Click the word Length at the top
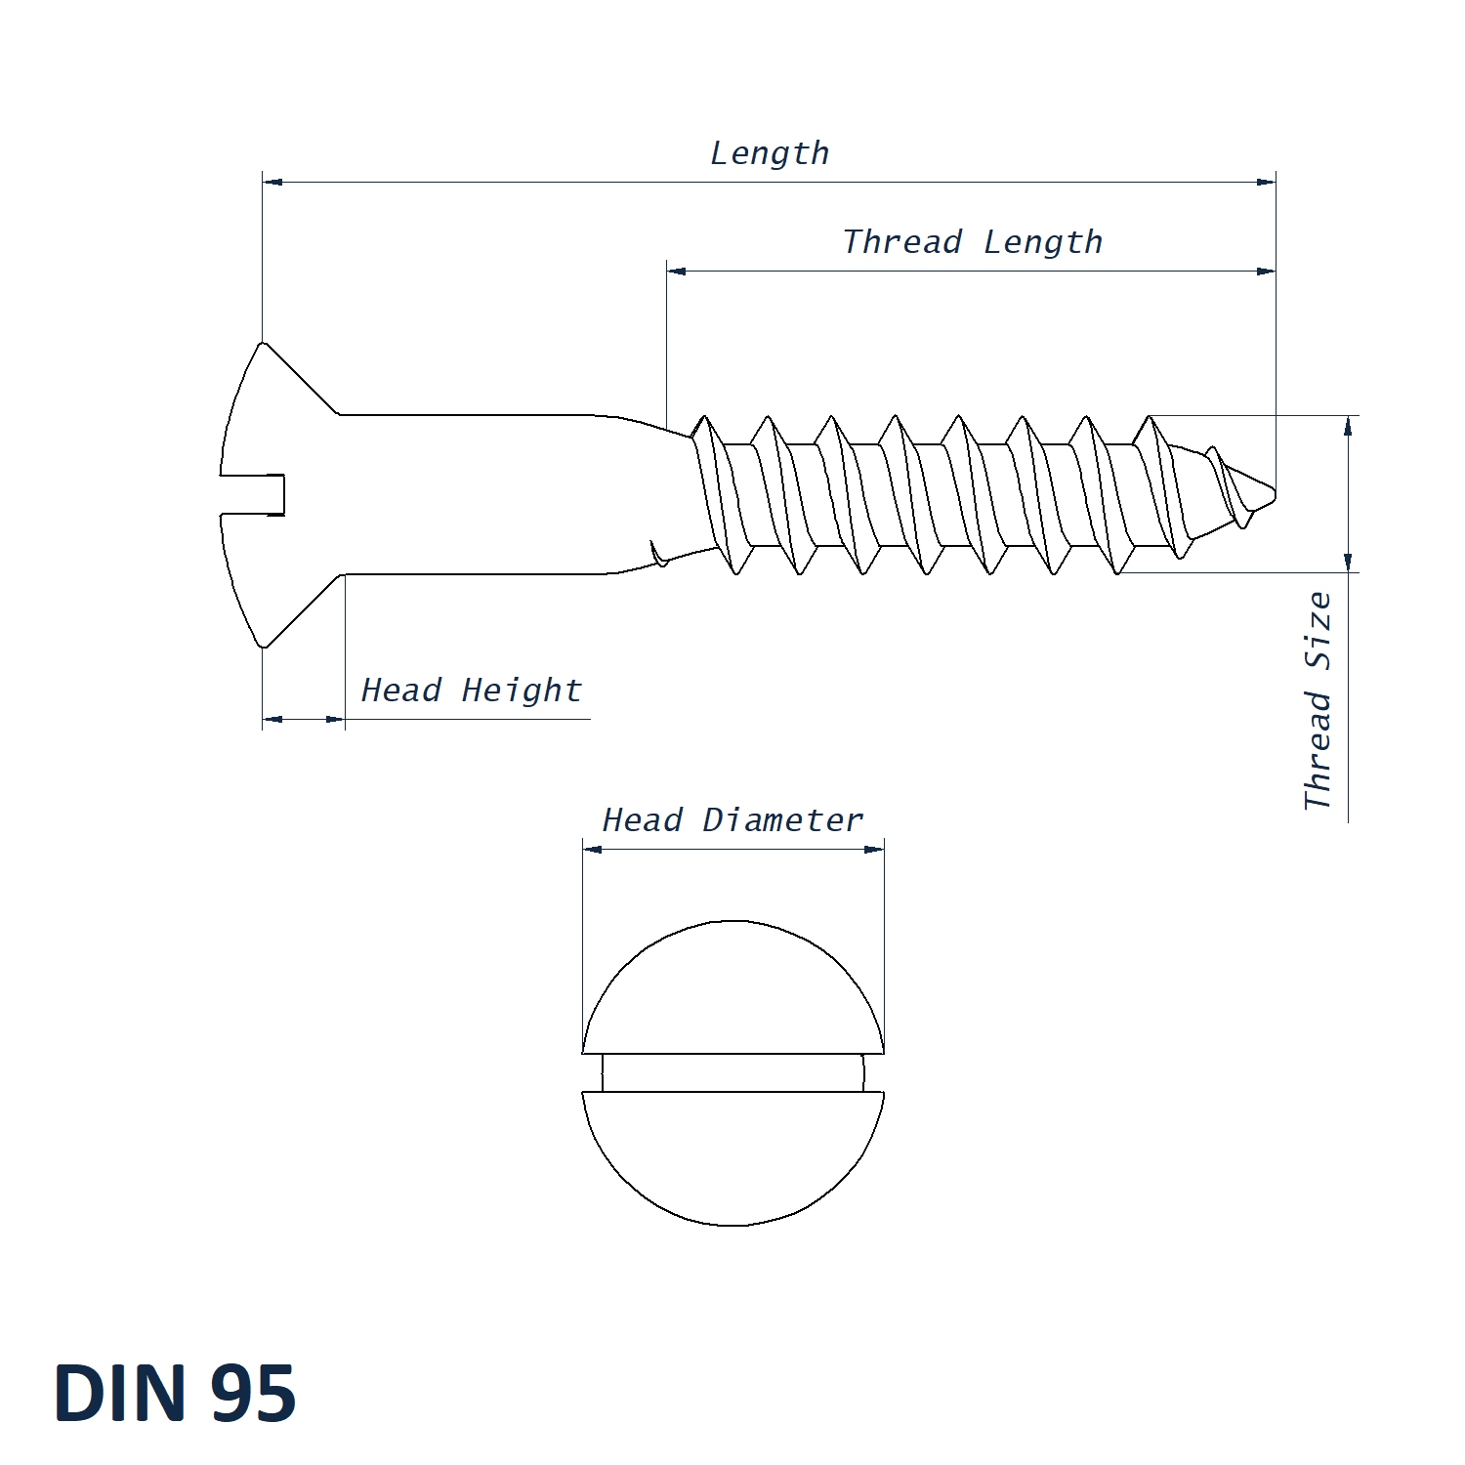[x=770, y=153]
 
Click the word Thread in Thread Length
[x=902, y=241]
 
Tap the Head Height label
[x=471, y=691]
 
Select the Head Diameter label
[x=732, y=820]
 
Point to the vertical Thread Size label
[x=1318, y=700]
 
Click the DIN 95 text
[x=175, y=1394]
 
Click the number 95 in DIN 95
[x=253, y=1394]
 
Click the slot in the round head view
[x=732, y=1072]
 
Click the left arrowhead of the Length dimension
[x=272, y=182]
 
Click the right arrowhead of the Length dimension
[x=1266, y=182]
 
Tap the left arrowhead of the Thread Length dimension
[x=677, y=271]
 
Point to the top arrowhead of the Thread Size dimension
[x=1348, y=426]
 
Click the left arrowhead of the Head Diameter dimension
[x=592, y=849]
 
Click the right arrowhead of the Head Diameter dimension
[x=874, y=849]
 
